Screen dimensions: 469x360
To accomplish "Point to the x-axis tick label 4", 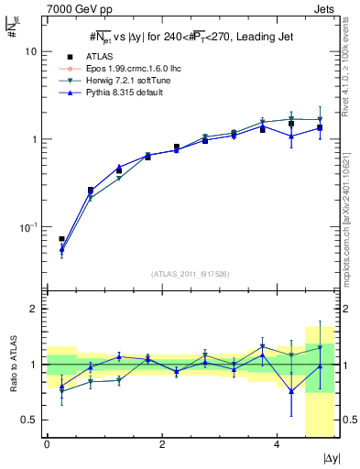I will tap(277, 448).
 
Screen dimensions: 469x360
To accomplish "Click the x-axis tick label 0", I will tap(47, 448).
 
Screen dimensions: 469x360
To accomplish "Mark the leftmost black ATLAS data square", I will tap(61, 239).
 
